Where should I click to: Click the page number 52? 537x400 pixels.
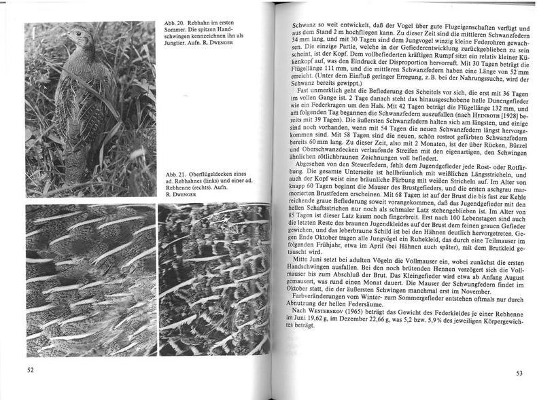pyautogui.click(x=31, y=370)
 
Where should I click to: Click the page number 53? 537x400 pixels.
pyautogui.click(x=519, y=372)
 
